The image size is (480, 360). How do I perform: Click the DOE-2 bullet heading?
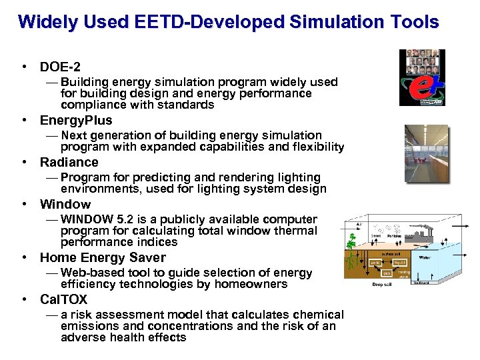(x=60, y=67)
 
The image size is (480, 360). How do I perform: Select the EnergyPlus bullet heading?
(x=76, y=121)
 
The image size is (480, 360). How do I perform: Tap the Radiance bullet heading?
(x=69, y=162)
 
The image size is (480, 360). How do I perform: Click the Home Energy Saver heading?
(x=103, y=257)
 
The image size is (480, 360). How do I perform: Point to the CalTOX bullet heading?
(x=63, y=299)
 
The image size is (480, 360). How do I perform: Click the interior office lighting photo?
(x=427, y=153)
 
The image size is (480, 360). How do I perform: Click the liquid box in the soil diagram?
(x=400, y=263)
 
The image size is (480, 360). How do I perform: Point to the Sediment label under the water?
(x=421, y=282)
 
